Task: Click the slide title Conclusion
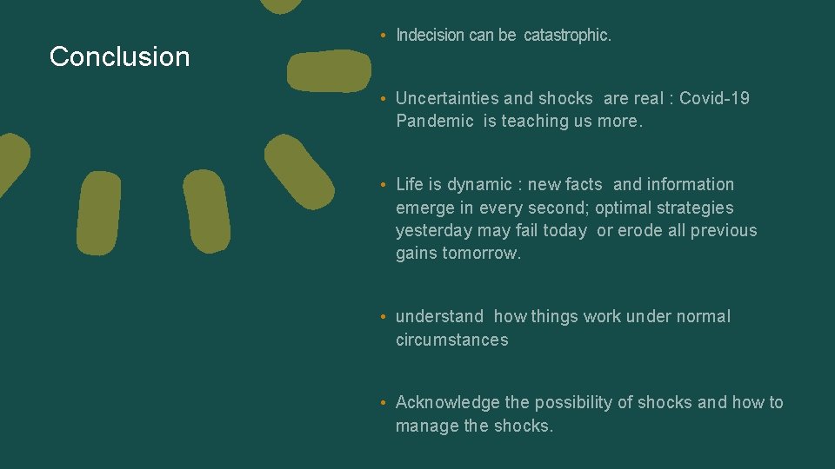point(119,56)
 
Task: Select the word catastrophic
point(567,36)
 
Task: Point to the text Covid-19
point(714,98)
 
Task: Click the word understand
point(439,316)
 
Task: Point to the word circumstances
point(451,340)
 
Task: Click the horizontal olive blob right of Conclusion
point(329,71)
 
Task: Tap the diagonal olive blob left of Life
point(298,171)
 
